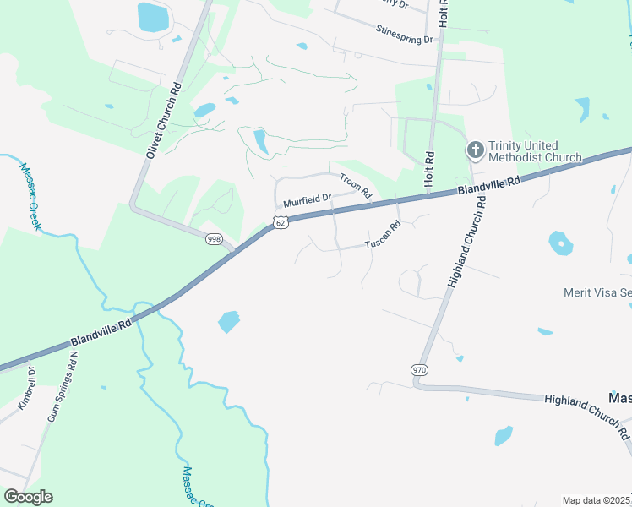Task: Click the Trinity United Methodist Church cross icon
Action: [475, 150]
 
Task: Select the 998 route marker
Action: [214, 239]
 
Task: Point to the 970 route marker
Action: [419, 370]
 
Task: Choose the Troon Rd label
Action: [356, 186]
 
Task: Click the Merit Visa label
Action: [597, 292]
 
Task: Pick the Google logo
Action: [28, 497]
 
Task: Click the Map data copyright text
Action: [596, 500]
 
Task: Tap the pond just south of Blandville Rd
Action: [228, 322]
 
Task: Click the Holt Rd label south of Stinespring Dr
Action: [429, 170]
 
